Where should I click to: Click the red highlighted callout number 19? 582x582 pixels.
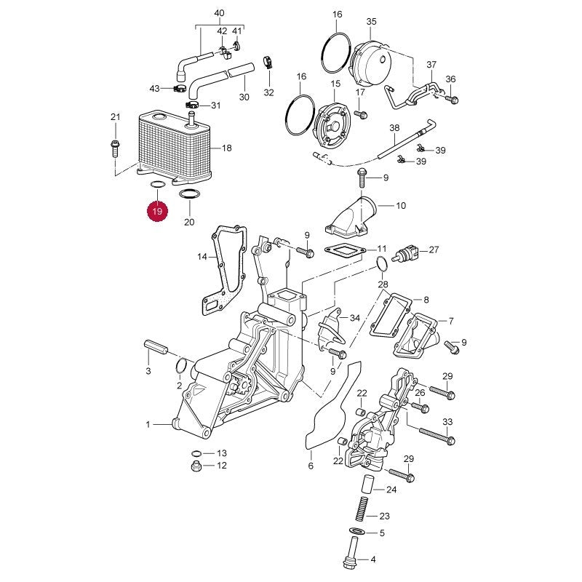tap(157, 211)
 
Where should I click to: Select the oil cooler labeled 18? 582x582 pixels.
tap(175, 148)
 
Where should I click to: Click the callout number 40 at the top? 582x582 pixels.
tap(220, 13)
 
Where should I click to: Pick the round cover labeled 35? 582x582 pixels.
tap(370, 64)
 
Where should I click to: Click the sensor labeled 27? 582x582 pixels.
tap(408, 252)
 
